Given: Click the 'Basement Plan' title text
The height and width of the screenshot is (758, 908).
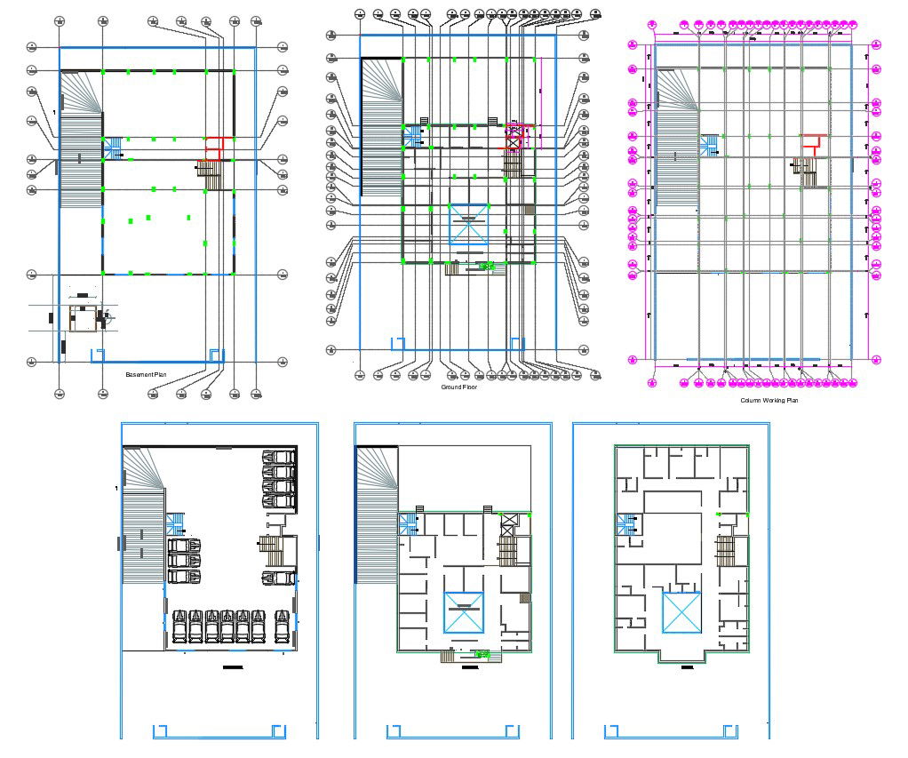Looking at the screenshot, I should (147, 375).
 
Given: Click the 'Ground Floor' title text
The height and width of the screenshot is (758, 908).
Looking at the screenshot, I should (458, 387).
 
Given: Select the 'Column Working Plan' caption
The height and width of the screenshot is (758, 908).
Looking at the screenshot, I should (769, 401).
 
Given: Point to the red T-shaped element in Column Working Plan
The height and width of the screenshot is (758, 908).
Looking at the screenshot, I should (810, 140).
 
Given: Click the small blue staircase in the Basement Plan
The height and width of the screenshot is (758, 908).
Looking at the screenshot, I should (115, 148).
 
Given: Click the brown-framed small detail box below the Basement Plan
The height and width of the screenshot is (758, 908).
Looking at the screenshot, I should (83, 318).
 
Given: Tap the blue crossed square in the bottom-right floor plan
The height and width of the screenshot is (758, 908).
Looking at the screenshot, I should (681, 612).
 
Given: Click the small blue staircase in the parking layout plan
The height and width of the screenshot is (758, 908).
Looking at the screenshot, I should (176, 523).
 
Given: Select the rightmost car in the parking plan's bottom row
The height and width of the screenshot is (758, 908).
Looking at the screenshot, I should (283, 626).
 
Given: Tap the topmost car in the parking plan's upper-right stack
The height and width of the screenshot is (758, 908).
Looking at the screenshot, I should (279, 457).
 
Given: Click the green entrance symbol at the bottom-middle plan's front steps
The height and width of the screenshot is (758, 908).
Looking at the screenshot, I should (483, 655).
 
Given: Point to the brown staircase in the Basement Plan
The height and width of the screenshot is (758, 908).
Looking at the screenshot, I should (209, 173).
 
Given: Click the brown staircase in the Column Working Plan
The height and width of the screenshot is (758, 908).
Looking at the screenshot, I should (807, 173).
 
